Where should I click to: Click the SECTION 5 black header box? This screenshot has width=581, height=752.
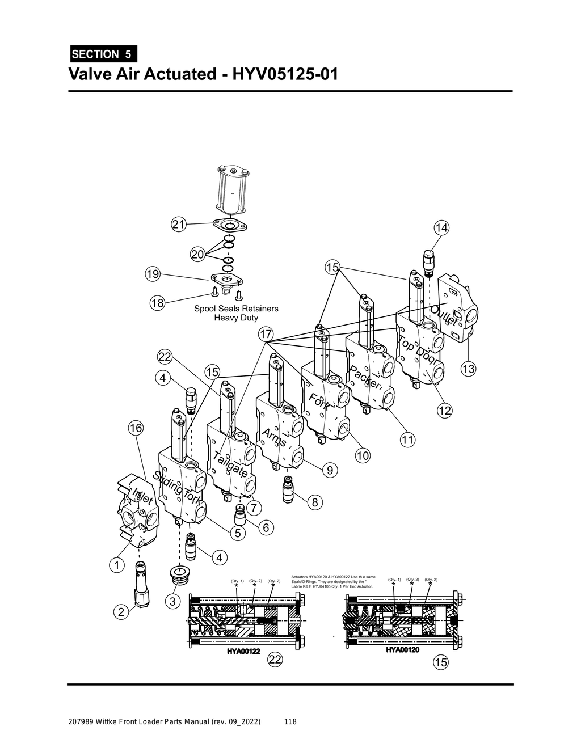tap(103, 54)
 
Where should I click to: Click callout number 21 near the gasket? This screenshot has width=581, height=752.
tap(179, 225)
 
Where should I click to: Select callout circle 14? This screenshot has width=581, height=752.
tap(441, 228)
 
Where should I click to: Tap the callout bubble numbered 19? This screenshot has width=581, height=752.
tap(152, 274)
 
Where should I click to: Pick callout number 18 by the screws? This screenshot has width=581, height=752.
tap(157, 303)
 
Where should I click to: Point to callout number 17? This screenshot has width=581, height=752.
tap(266, 333)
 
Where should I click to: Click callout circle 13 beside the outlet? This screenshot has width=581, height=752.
tap(468, 369)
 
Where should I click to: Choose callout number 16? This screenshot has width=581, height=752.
tap(135, 428)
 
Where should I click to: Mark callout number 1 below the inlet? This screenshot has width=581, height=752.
tap(116, 565)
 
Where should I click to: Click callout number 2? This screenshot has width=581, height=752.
tap(120, 612)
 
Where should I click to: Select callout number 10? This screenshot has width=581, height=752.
tap(363, 455)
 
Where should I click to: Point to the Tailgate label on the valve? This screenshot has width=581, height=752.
tap(230, 465)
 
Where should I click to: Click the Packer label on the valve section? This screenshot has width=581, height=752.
tap(365, 378)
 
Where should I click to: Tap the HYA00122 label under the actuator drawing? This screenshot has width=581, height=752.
tap(243, 651)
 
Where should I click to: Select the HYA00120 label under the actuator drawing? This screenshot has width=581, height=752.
tap(402, 649)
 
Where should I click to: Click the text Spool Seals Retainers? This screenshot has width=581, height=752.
tap(236, 309)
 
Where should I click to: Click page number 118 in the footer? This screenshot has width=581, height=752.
tap(290, 722)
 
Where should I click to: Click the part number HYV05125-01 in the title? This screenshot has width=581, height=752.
tap(284, 74)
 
